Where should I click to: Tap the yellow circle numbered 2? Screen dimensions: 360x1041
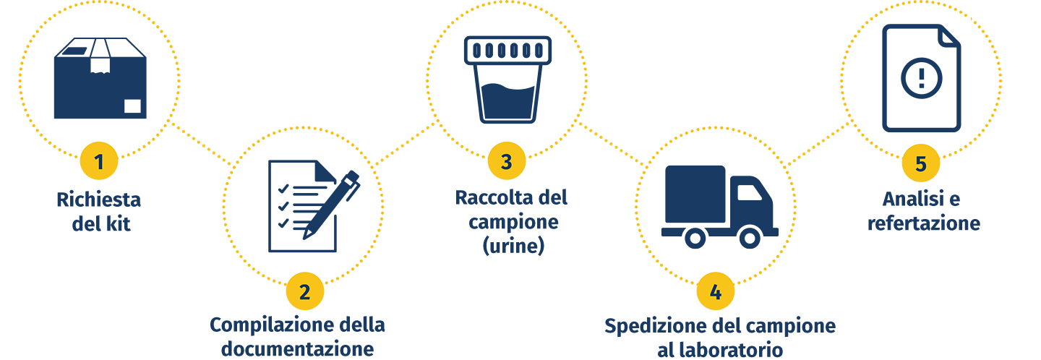click(305, 291)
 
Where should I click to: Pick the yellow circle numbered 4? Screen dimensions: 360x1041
click(715, 291)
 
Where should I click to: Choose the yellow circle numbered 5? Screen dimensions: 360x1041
click(920, 163)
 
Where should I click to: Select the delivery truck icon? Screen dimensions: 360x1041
click(719, 207)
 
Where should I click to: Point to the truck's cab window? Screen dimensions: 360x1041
click(749, 192)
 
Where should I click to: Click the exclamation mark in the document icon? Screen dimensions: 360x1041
click(921, 75)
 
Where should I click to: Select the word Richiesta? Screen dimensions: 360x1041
click(98, 199)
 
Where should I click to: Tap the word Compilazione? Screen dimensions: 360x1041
click(260, 325)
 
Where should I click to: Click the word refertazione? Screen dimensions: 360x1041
click(923, 223)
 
